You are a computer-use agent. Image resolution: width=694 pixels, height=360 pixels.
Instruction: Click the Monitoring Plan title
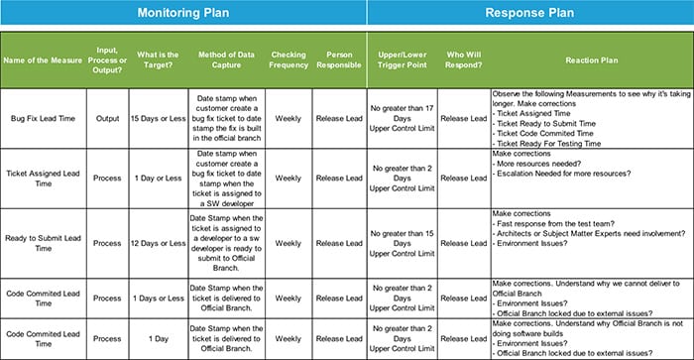pyautogui.click(x=183, y=13)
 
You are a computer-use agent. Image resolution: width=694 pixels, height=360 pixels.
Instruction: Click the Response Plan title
pyautogui.click(x=530, y=13)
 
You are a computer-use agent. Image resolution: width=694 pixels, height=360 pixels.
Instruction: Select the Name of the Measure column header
pyautogui.click(x=44, y=60)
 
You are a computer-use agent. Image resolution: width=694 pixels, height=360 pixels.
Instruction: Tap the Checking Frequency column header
pyautogui.click(x=289, y=60)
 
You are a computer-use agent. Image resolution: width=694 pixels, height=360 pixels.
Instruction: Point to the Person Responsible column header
pyautogui.click(x=340, y=60)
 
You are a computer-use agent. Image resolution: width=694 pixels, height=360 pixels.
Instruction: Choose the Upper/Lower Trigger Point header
pyautogui.click(x=403, y=60)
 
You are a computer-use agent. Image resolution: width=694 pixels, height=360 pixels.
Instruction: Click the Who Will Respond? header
pyautogui.click(x=464, y=60)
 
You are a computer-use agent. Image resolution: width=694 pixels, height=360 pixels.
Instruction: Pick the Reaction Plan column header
pyautogui.click(x=592, y=60)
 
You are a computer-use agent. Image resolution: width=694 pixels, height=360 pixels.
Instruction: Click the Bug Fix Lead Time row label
pyautogui.click(x=44, y=118)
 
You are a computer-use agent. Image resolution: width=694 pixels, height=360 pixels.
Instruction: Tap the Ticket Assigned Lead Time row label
pyautogui.click(x=44, y=178)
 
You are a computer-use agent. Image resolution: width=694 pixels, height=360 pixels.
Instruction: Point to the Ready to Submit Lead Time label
pyautogui.click(x=44, y=243)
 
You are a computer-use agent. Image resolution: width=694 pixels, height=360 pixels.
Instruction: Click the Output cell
pyautogui.click(x=108, y=118)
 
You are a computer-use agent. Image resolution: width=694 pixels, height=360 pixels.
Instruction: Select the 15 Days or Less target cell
pyautogui.click(x=157, y=118)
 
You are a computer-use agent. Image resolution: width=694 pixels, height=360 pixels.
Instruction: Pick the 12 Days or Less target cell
pyautogui.click(x=157, y=243)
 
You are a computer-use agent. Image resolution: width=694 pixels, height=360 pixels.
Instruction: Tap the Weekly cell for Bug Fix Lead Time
pyautogui.click(x=289, y=118)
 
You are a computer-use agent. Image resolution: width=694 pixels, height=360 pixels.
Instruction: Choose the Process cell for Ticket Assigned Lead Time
pyautogui.click(x=108, y=178)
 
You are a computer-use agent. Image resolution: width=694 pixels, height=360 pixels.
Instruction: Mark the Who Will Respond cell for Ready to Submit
pyautogui.click(x=464, y=243)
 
